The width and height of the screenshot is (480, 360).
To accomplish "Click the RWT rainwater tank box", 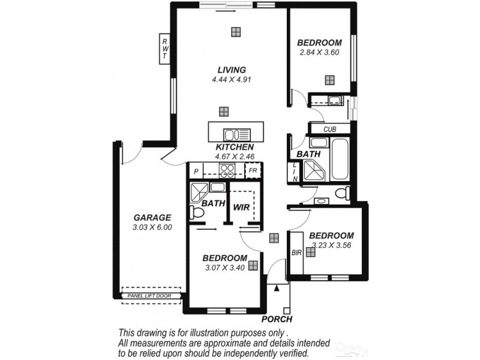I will tap(164, 48).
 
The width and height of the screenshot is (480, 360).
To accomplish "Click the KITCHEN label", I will tap(235, 147).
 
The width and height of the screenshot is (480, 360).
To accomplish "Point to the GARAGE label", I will tap(152, 217).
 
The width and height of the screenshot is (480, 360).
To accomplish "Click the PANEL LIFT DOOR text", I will tap(150, 296).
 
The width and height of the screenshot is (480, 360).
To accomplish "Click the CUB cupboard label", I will tap(329, 129).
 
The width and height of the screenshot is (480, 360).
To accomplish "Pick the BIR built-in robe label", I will tap(296, 253).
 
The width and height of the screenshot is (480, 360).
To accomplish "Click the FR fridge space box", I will tap(253, 171).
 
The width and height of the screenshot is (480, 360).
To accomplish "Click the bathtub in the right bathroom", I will tap(339, 158).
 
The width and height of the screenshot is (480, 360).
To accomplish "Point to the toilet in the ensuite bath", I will tap(195, 212).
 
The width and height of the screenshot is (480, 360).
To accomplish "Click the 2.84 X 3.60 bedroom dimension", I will tap(320, 52).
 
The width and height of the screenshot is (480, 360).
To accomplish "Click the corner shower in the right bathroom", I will tap(316, 170).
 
